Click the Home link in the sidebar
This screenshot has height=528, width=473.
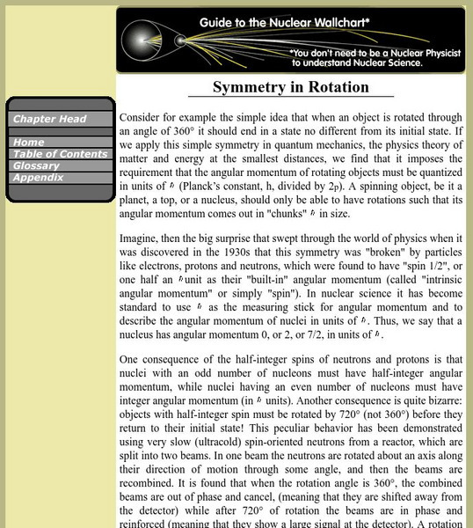[x=29, y=142]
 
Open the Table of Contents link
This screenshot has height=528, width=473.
[x=60, y=154]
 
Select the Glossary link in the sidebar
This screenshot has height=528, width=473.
[x=36, y=165]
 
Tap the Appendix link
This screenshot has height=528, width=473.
[x=37, y=177]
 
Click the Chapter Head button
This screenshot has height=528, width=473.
[x=48, y=119]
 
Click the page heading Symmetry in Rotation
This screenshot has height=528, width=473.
[x=291, y=87]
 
